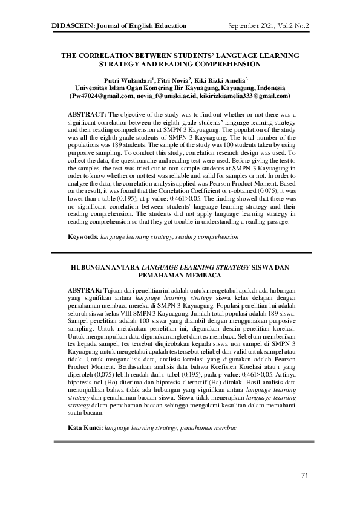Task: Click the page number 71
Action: (x=305, y=475)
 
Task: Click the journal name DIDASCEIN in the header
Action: (x=72, y=26)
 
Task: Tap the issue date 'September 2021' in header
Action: (x=252, y=26)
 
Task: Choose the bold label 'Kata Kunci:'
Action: (x=85, y=427)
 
